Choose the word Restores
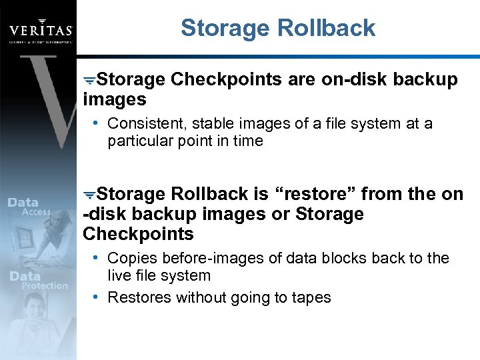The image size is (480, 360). point(139,297)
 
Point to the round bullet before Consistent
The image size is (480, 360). point(97,123)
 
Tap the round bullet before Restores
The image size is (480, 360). point(97,297)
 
